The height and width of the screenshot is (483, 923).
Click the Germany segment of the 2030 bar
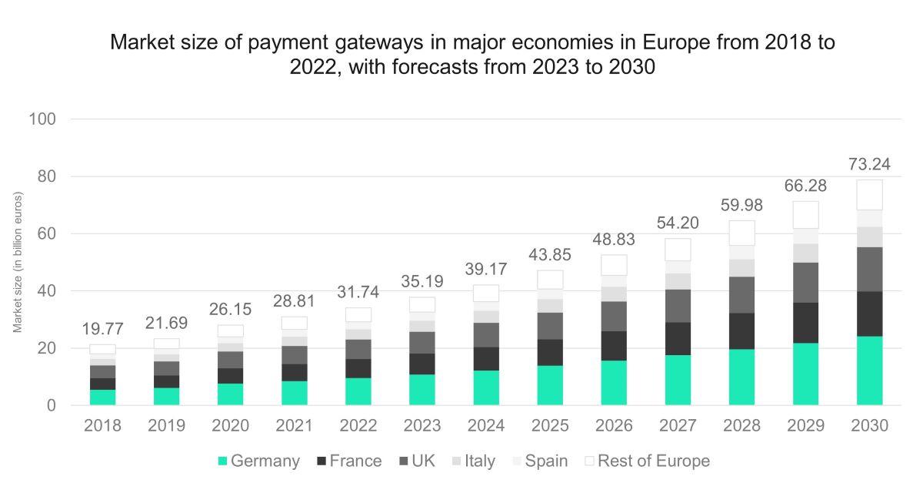(870, 371)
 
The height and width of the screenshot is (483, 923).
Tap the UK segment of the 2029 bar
(805, 283)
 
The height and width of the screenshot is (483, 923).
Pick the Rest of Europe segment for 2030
(870, 195)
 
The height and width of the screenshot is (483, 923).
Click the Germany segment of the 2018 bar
(102, 397)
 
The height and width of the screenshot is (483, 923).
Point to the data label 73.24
(870, 166)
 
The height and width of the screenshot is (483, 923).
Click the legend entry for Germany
(259, 461)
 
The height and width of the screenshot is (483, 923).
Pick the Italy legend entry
(471, 461)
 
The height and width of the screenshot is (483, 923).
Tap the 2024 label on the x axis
(486, 426)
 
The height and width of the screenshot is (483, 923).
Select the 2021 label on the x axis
(294, 426)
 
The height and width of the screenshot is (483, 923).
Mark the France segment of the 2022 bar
(358, 368)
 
